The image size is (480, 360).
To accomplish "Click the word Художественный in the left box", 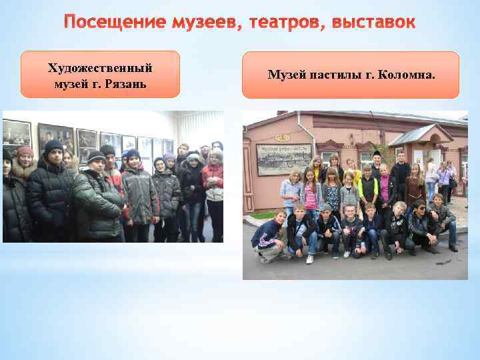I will click(100, 68).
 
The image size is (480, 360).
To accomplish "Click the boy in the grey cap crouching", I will click(327, 227).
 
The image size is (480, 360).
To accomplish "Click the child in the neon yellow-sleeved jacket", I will click(367, 190).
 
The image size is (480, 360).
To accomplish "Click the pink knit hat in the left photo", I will click(25, 153).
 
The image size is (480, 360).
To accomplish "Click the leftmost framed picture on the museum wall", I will click(17, 133).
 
